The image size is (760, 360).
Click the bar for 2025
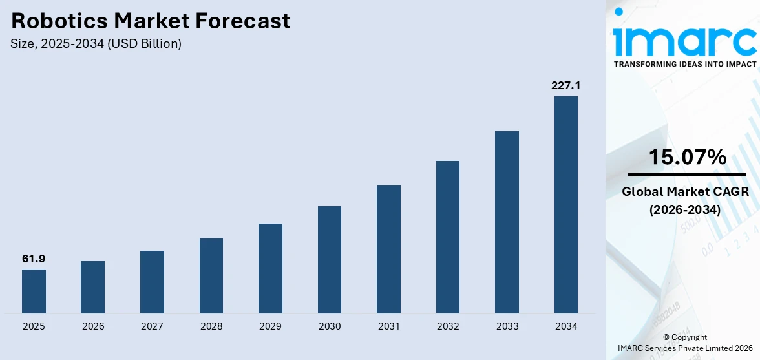click(34, 291)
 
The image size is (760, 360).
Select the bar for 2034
click(566, 205)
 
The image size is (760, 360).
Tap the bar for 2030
click(330, 260)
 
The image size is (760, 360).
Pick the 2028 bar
click(211, 276)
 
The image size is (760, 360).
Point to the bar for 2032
click(448, 237)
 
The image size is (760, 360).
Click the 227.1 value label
click(565, 85)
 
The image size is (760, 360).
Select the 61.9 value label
click(34, 259)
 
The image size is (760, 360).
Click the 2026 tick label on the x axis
click(93, 326)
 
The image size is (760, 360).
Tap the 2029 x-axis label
click(270, 326)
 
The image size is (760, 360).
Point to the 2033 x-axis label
click(507, 326)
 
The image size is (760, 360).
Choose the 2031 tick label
click(388, 326)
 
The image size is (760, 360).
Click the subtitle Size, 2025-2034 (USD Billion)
click(96, 44)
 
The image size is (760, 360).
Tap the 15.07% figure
click(687, 157)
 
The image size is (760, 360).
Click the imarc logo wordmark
click(685, 40)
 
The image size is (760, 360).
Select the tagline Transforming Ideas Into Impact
click(685, 64)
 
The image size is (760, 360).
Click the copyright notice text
click(685, 343)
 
